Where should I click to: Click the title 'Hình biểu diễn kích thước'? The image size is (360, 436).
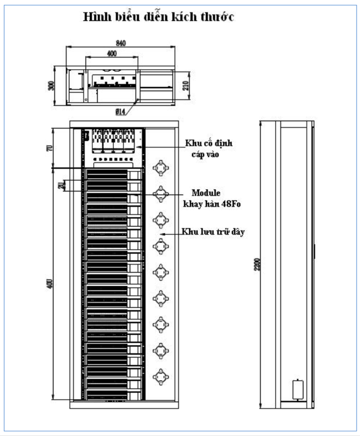click(158, 18)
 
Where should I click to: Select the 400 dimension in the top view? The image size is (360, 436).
click(112, 53)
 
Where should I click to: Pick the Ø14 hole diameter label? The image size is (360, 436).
click(121, 112)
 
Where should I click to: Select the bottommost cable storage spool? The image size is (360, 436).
click(160, 376)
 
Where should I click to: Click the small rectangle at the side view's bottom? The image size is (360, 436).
click(298, 389)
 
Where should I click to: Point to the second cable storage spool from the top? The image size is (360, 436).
click(160, 193)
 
